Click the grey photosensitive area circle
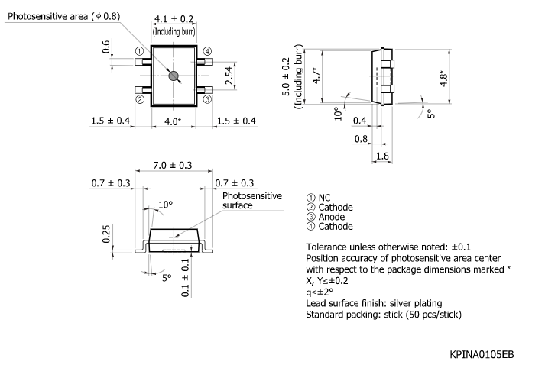click(174, 75)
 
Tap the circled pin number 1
click(140, 51)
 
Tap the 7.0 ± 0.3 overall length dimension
click(173, 165)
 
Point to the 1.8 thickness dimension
click(382, 156)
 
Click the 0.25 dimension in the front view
click(107, 234)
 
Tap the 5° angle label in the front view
click(166, 279)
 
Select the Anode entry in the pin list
click(332, 217)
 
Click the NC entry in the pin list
click(324, 197)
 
